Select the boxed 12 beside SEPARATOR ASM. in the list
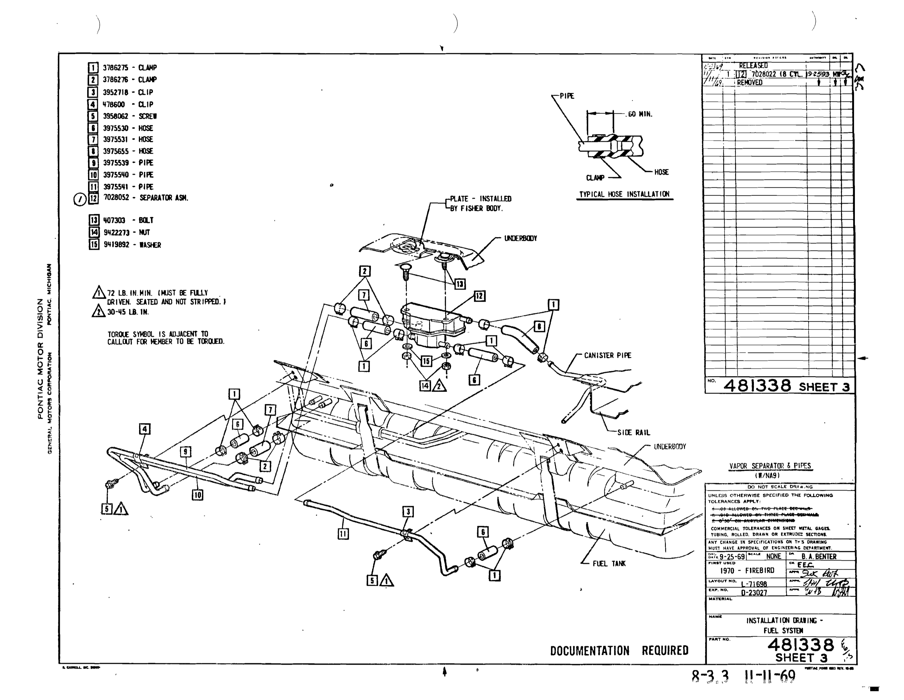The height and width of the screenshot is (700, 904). (94, 198)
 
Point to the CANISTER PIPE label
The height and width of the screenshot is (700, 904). (607, 355)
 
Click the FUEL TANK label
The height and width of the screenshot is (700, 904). (609, 563)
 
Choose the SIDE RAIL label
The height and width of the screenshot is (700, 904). (633, 433)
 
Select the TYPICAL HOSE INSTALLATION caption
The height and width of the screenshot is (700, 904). (624, 194)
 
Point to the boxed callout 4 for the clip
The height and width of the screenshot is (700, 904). (144, 429)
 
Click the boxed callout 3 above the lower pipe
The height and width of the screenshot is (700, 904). (408, 512)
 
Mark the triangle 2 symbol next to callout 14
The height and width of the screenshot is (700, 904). (439, 386)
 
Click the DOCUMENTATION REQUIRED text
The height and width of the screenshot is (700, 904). (619, 650)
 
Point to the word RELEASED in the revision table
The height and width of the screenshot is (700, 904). (753, 65)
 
